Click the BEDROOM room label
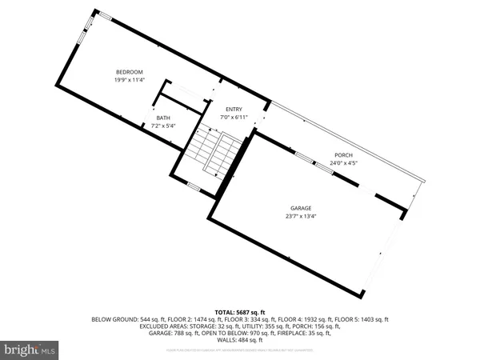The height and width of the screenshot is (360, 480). (x=130, y=72)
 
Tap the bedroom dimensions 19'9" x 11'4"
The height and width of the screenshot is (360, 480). (x=130, y=80)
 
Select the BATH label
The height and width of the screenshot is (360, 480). (x=163, y=118)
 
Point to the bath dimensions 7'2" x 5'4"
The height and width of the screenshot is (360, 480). (x=163, y=126)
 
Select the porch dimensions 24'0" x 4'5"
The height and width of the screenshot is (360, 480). (x=343, y=162)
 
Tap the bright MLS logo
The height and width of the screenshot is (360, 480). (x=30, y=350)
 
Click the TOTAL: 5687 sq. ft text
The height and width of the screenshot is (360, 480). (x=239, y=311)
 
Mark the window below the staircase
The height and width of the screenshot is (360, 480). (x=193, y=187)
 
